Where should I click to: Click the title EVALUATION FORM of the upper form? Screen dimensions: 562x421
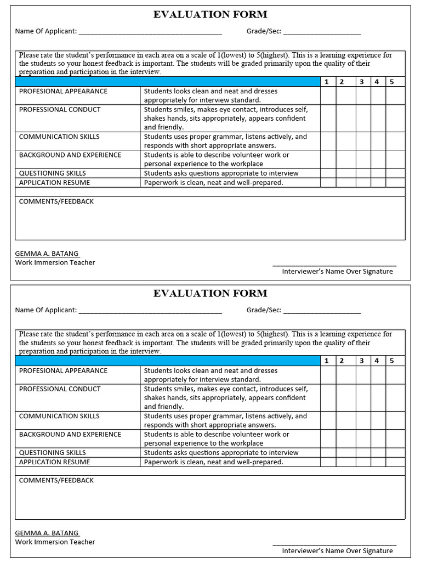(x=210, y=15)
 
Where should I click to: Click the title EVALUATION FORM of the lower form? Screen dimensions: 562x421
(x=210, y=294)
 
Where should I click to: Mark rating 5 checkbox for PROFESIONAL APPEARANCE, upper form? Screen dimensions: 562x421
(x=395, y=95)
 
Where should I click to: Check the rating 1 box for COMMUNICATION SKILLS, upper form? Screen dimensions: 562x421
(x=328, y=141)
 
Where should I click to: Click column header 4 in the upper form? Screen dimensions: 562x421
(x=377, y=82)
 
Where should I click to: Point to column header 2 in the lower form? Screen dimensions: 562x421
(x=341, y=361)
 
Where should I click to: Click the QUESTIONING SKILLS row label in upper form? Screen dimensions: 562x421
(x=53, y=173)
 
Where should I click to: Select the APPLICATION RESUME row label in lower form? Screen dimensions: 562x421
(x=54, y=462)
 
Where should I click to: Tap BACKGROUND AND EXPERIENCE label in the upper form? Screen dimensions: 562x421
(x=70, y=155)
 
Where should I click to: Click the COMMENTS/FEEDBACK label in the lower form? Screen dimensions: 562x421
(x=56, y=480)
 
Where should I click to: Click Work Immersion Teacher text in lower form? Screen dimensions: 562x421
(x=55, y=542)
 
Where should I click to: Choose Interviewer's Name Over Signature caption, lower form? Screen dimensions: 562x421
(x=337, y=550)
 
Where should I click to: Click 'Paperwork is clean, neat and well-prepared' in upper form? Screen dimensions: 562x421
(x=213, y=183)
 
